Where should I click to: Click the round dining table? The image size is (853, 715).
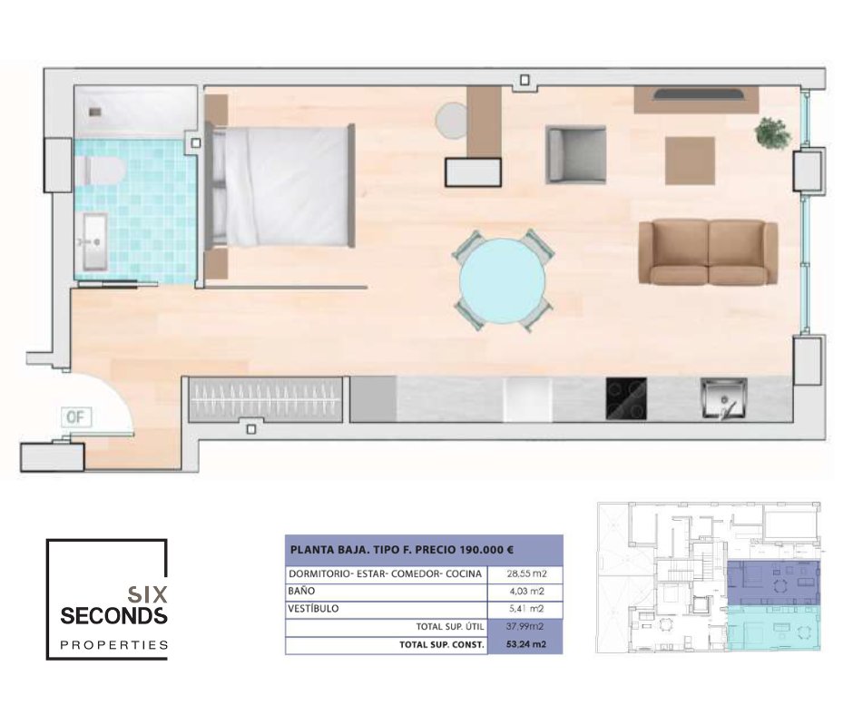point(502,280)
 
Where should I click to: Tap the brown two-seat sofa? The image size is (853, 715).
point(709,252)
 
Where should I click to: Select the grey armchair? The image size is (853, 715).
point(576,154)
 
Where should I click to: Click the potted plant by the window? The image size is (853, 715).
point(772,132)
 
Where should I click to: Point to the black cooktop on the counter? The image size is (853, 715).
point(626,399)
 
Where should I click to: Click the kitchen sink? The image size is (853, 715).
point(723,399)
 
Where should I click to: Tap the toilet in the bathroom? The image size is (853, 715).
point(102,171)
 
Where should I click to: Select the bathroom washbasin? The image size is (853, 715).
point(94,241)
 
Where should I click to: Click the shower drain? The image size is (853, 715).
point(95,112)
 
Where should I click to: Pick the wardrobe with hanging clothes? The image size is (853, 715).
point(266,399)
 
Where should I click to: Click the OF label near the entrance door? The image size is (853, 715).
point(75,417)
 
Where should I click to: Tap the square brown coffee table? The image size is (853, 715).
point(690,161)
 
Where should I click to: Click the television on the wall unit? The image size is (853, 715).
point(698,94)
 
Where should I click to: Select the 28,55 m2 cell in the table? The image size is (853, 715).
point(526,573)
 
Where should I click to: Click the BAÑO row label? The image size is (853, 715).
point(301,591)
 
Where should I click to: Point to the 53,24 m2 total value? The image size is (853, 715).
point(526,645)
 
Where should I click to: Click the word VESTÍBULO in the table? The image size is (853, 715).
point(313,608)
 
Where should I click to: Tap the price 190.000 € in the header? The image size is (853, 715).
point(486,550)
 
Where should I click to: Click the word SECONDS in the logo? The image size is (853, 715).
point(113,616)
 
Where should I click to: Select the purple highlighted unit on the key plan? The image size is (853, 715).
point(773,583)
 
